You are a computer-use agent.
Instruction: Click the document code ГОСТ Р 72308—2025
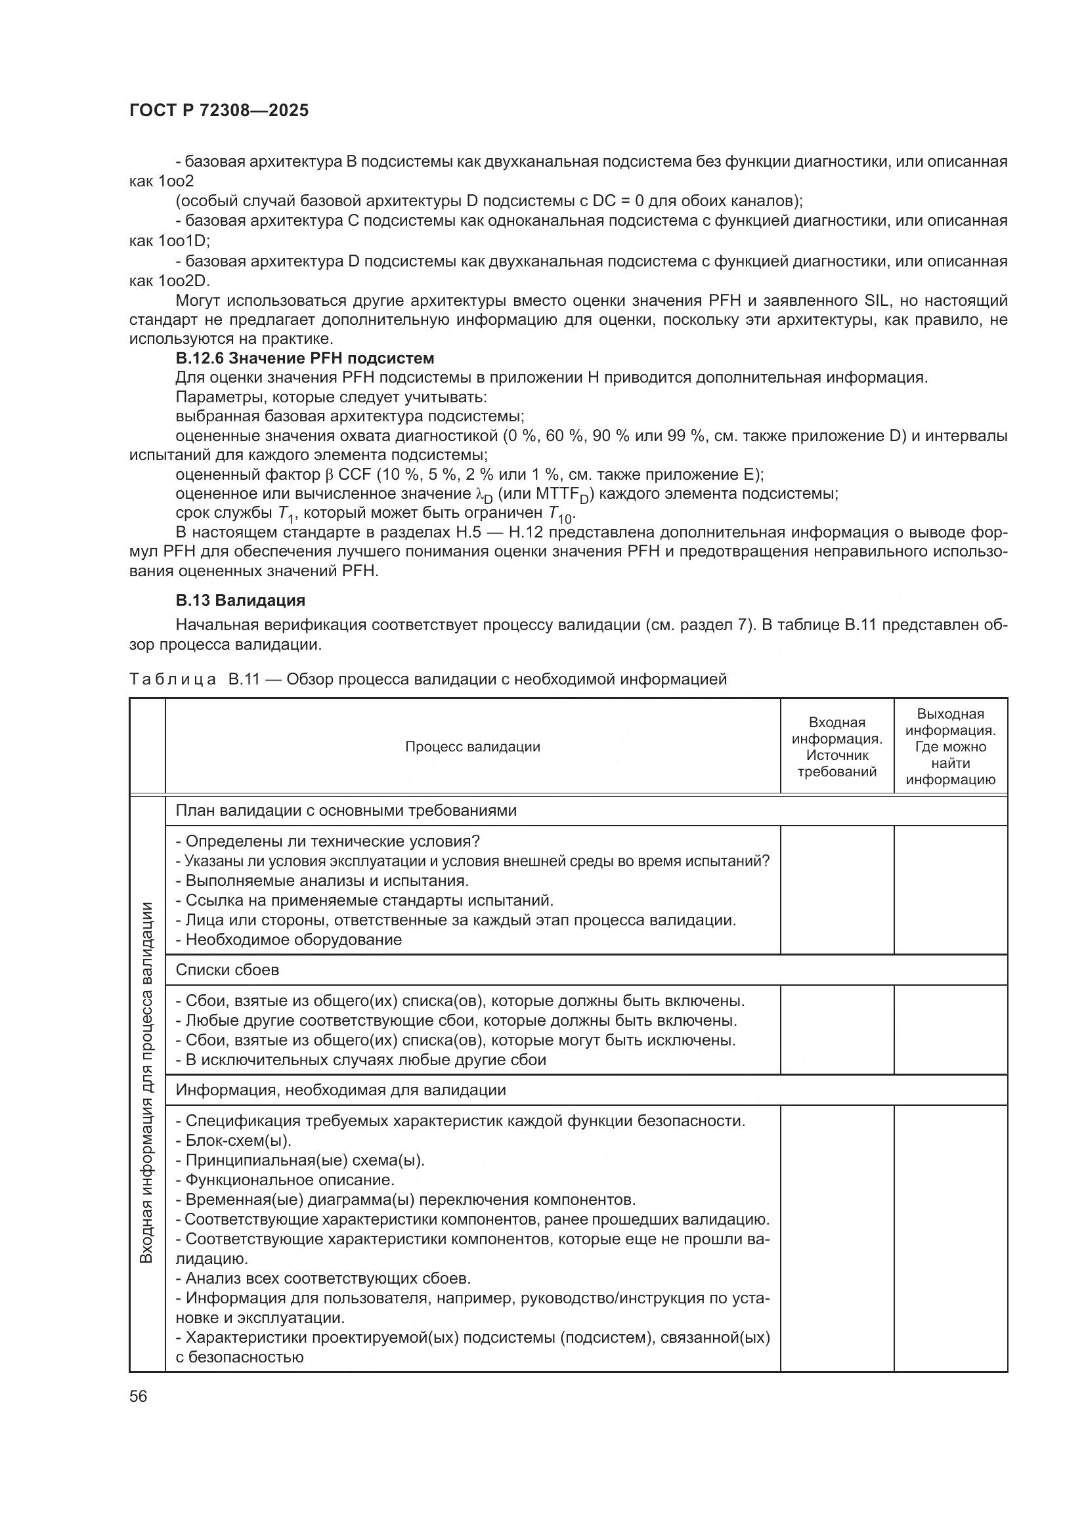(x=219, y=111)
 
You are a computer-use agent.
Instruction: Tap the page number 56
(x=138, y=1397)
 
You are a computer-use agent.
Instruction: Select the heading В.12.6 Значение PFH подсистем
(x=304, y=358)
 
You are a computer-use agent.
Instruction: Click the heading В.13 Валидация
(x=240, y=600)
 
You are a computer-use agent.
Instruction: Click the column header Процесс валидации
(x=472, y=747)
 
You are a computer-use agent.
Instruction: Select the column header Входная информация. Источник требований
(x=836, y=747)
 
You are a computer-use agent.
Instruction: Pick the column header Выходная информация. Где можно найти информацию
(x=950, y=747)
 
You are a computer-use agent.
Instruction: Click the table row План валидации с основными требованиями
(x=346, y=810)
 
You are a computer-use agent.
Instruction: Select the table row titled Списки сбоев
(x=227, y=969)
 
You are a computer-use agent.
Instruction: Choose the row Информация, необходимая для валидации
(x=340, y=1090)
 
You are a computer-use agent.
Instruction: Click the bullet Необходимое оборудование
(x=289, y=939)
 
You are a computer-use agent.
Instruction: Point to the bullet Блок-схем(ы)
(x=233, y=1140)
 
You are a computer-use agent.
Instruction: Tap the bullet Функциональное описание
(x=285, y=1179)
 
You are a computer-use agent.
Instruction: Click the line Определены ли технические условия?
(x=328, y=841)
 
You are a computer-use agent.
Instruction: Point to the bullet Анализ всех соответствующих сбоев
(x=323, y=1278)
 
